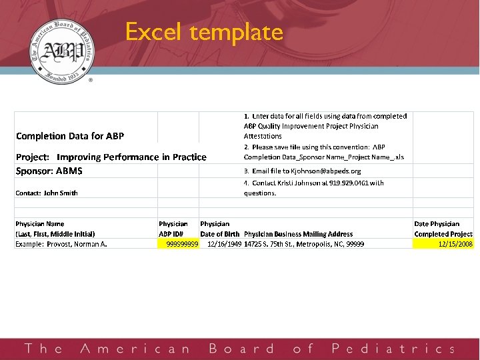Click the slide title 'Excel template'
tap(204, 32)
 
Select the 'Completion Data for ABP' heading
tap(70, 136)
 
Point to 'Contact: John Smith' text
tap(47, 193)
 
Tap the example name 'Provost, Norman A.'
tap(61, 244)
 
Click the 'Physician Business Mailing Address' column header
tap(298, 234)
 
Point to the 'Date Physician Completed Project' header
tap(443, 229)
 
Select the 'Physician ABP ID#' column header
tap(173, 229)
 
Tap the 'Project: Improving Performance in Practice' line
tap(111, 157)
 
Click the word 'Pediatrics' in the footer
tap(393, 349)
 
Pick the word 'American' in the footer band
tap(135, 349)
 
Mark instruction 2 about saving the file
tap(325, 152)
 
